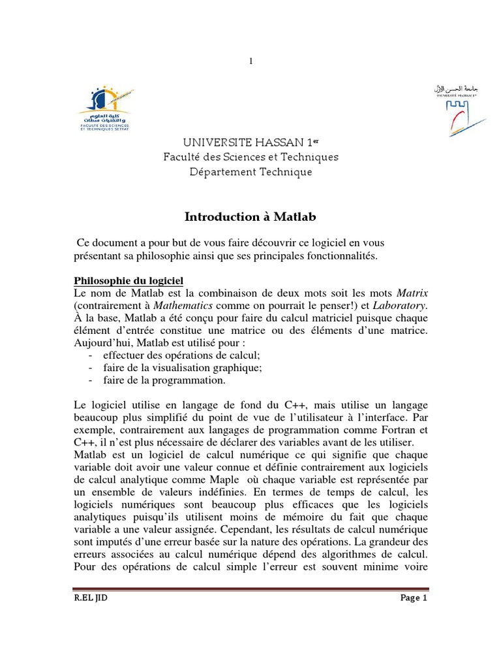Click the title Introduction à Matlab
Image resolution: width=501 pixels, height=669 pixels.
tap(250, 216)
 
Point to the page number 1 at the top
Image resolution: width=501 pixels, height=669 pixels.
tap(250, 61)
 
